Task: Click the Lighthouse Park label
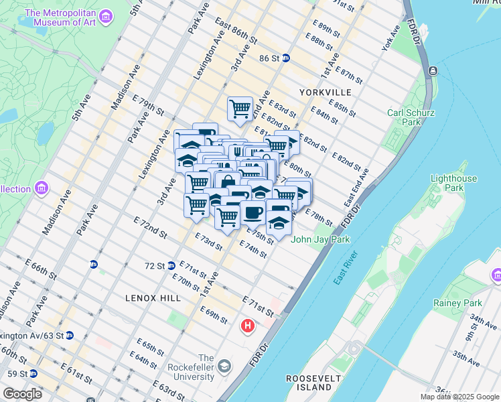click(x=454, y=183)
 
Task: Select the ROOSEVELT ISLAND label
click(x=314, y=383)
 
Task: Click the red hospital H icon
click(x=248, y=326)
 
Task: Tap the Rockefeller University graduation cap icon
click(x=224, y=366)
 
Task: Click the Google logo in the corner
click(x=22, y=393)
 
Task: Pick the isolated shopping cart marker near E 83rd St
click(x=240, y=109)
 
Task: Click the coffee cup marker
click(x=253, y=213)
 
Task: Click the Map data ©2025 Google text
click(x=459, y=397)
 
